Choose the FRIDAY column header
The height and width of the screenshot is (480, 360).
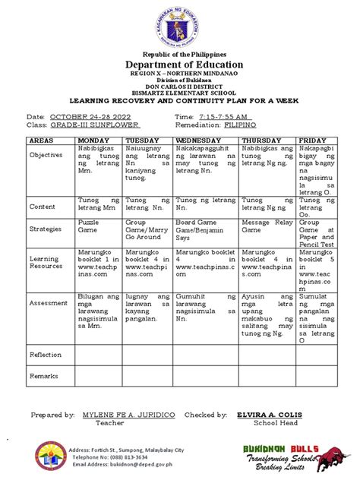point(312,141)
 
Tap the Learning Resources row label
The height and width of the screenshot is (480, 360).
point(47,262)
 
